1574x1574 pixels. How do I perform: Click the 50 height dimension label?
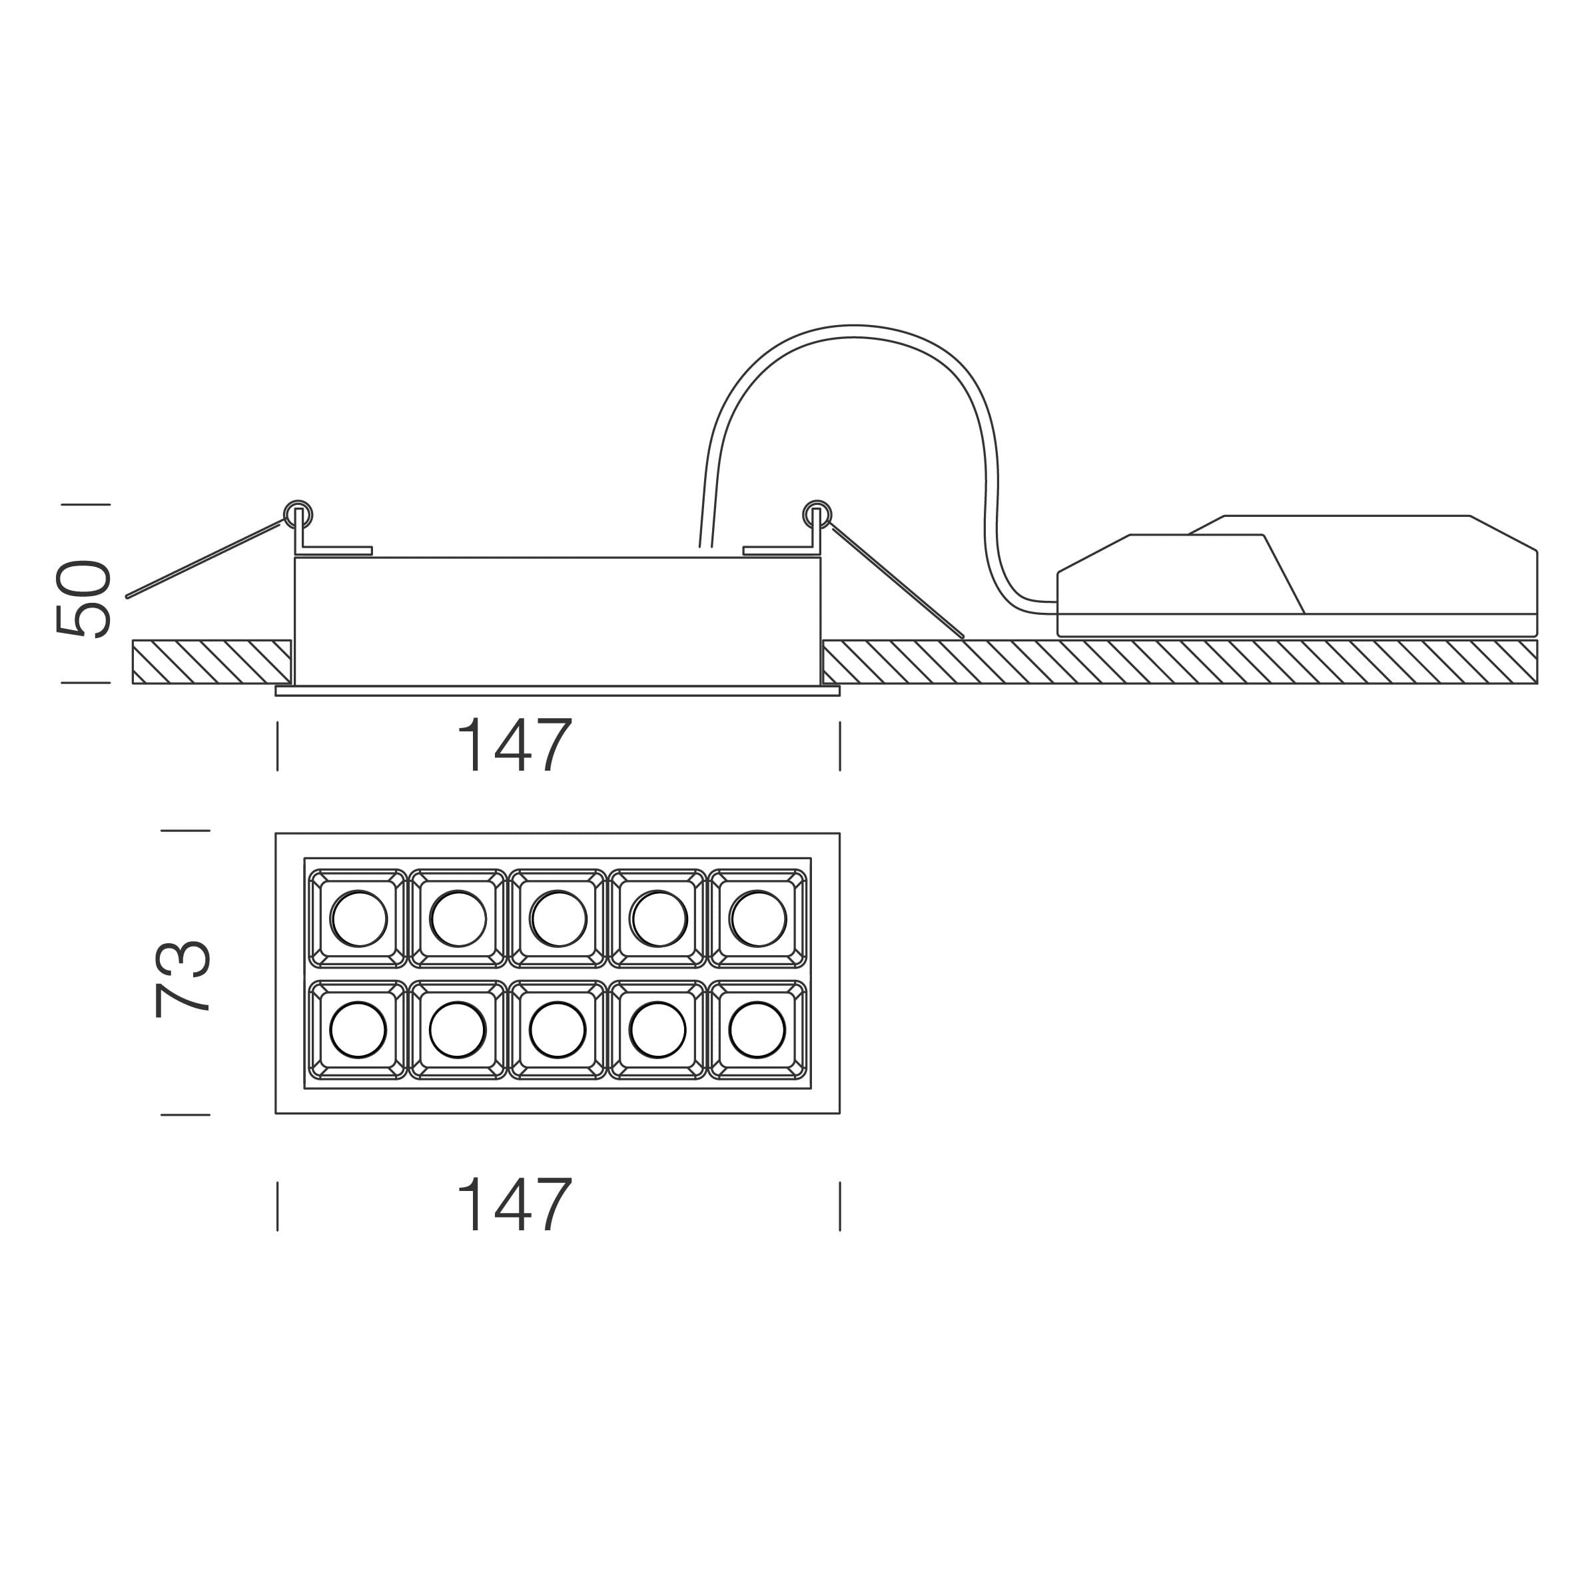click(83, 598)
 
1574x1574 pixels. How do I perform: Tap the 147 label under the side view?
click(514, 745)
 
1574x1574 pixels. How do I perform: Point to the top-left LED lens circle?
click(358, 919)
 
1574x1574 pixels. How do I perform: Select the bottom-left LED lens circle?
click(358, 1030)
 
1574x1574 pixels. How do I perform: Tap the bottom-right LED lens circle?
click(757, 1030)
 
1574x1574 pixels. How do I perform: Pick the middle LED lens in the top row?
click(558, 919)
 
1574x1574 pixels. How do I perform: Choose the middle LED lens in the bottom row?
click(558, 1030)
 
